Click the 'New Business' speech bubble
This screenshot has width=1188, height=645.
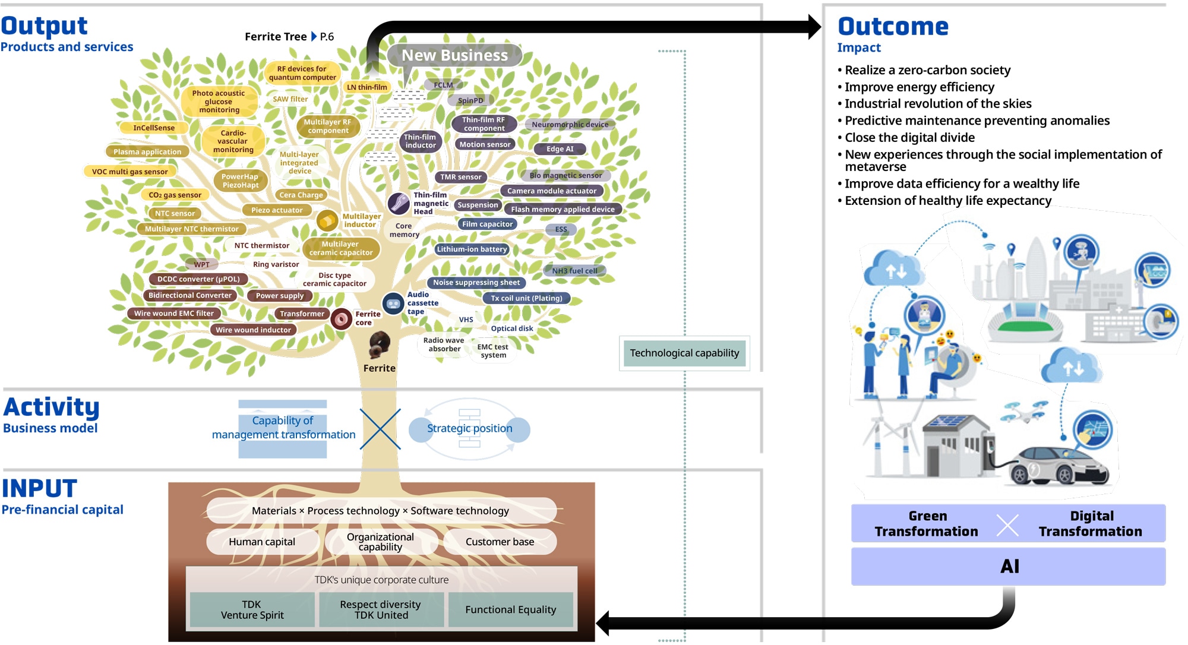(455, 56)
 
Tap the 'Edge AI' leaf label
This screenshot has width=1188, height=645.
(560, 149)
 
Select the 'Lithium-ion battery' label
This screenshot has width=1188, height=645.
(472, 249)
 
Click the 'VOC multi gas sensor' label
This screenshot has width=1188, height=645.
(129, 172)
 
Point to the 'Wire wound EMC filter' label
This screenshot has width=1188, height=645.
(174, 314)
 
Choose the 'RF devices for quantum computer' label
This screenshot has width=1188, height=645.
(302, 73)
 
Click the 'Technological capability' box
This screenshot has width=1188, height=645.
(684, 353)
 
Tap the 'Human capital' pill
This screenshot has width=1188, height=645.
(262, 542)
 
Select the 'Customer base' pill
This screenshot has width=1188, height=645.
(500, 542)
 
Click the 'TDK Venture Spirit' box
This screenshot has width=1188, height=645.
(252, 609)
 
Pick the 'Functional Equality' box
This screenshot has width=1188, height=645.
(511, 609)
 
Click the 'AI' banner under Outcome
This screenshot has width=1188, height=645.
(1009, 567)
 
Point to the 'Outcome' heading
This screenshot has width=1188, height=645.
(893, 27)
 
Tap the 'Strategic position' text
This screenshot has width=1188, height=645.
(469, 428)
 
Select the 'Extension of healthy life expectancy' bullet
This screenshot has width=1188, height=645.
(944, 201)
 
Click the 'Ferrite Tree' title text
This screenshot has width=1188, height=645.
(276, 37)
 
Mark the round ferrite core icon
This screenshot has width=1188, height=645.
(342, 319)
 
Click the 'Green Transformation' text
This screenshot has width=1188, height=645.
(927, 523)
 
